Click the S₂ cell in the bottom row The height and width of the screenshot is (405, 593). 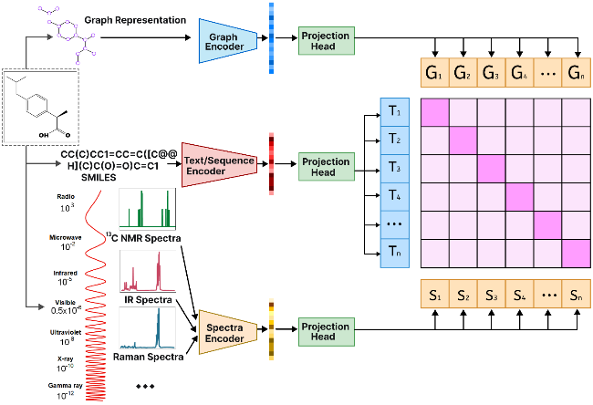pyautogui.click(x=464, y=296)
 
